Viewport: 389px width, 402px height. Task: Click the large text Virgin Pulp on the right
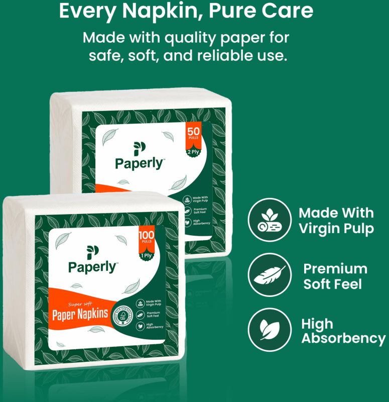coord(336,229)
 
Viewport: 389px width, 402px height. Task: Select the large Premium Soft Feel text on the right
coord(335,276)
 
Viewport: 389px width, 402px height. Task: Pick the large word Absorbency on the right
coord(343,338)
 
